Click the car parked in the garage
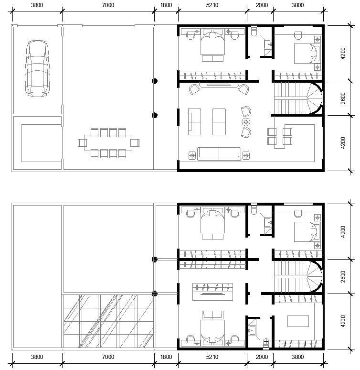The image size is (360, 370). point(38,68)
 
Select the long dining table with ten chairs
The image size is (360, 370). point(108,143)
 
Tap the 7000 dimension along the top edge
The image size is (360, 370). point(108,5)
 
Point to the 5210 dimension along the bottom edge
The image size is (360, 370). point(212,357)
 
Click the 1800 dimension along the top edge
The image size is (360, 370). point(166,5)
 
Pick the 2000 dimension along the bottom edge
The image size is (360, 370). point(262,357)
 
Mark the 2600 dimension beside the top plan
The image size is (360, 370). point(343,98)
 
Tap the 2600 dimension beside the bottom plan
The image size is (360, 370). point(343,277)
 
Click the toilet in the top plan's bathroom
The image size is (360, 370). point(254,31)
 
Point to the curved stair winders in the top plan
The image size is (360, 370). point(314,98)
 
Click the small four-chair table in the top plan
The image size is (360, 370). point(280,137)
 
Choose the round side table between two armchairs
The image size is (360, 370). point(246,122)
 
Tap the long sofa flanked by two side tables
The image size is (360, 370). point(219,154)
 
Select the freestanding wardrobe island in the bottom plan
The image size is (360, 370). point(212,292)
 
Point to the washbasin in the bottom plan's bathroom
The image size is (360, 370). point(252,330)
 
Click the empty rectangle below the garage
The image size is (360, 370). point(42,143)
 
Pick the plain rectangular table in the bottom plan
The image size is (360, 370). point(298,321)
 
